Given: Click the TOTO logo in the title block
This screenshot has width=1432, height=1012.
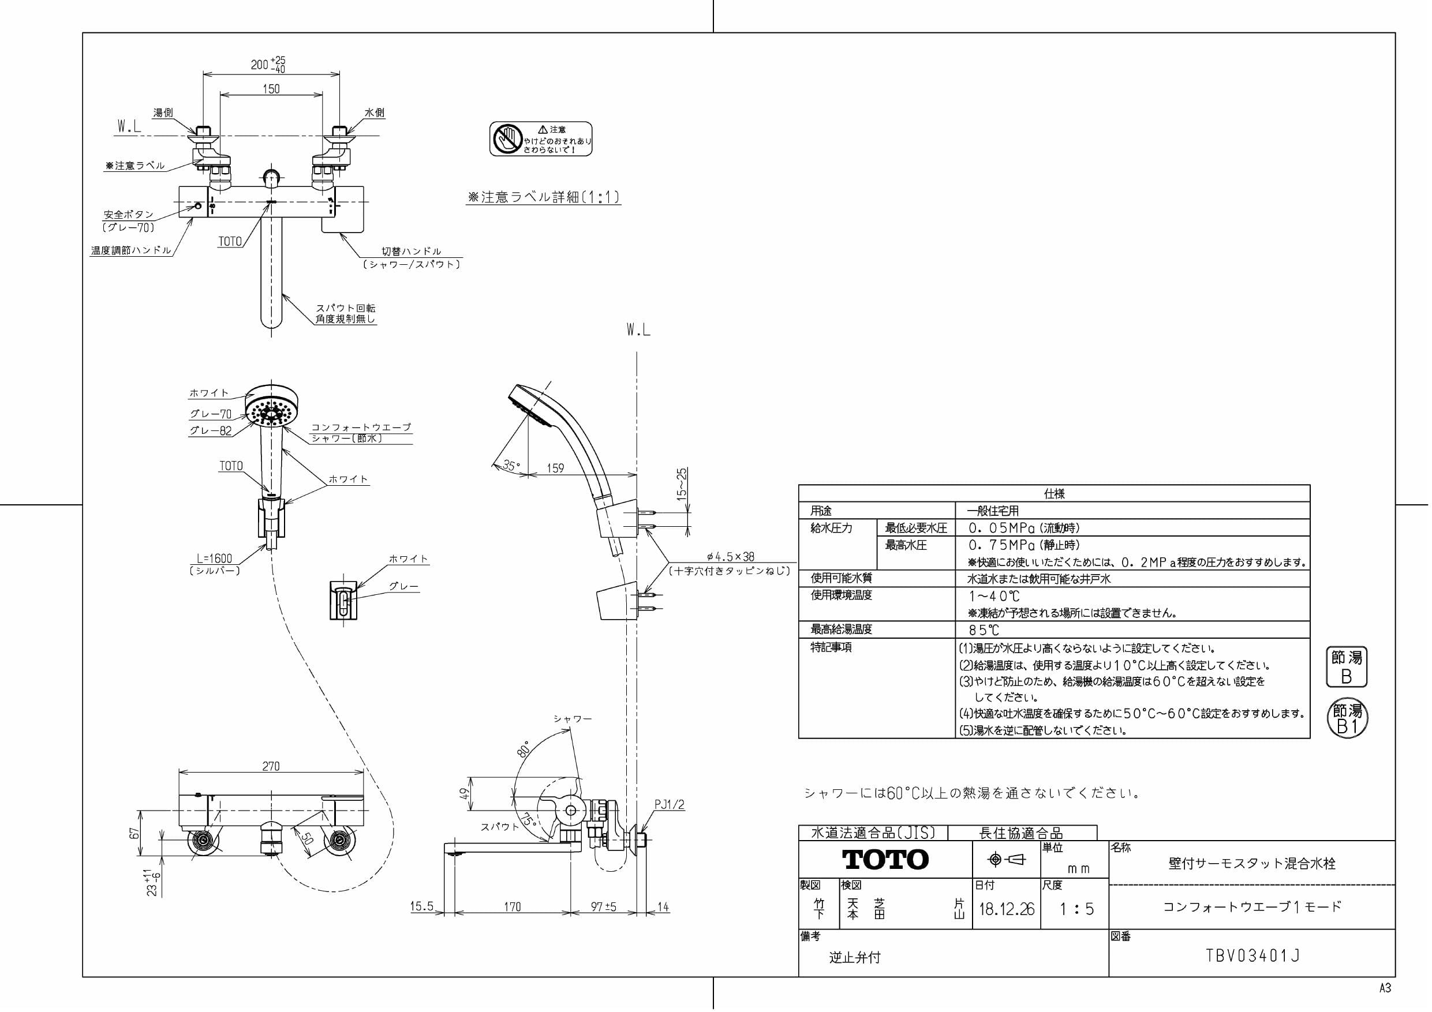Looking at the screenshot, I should pos(885,860).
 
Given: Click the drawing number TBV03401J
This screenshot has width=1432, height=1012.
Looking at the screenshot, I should pos(1252,956).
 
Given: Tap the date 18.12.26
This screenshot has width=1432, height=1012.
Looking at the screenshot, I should pos(1006,909).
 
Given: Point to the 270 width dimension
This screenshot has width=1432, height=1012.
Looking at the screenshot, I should pos(271,766).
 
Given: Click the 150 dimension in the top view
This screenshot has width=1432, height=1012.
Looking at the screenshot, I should pos(271,89).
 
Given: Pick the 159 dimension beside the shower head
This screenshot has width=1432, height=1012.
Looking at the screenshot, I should pos(555,468).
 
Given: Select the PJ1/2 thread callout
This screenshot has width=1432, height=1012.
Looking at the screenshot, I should pos(669,805).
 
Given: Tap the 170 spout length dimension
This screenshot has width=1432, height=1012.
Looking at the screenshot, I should pos(512,906).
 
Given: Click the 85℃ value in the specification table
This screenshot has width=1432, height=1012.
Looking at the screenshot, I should pos(984,631).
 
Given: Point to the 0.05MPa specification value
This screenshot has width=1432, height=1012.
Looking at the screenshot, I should pos(996,528).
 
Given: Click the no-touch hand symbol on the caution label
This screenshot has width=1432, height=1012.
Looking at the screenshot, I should pos(506,138).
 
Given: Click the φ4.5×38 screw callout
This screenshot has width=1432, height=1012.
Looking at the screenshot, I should pos(730,557).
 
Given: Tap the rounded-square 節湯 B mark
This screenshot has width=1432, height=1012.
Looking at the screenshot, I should pos(1346,666).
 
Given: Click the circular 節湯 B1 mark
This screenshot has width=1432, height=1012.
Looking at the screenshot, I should pos(1347,718).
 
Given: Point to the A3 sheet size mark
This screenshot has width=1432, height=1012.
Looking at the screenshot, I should pos(1385,988).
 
